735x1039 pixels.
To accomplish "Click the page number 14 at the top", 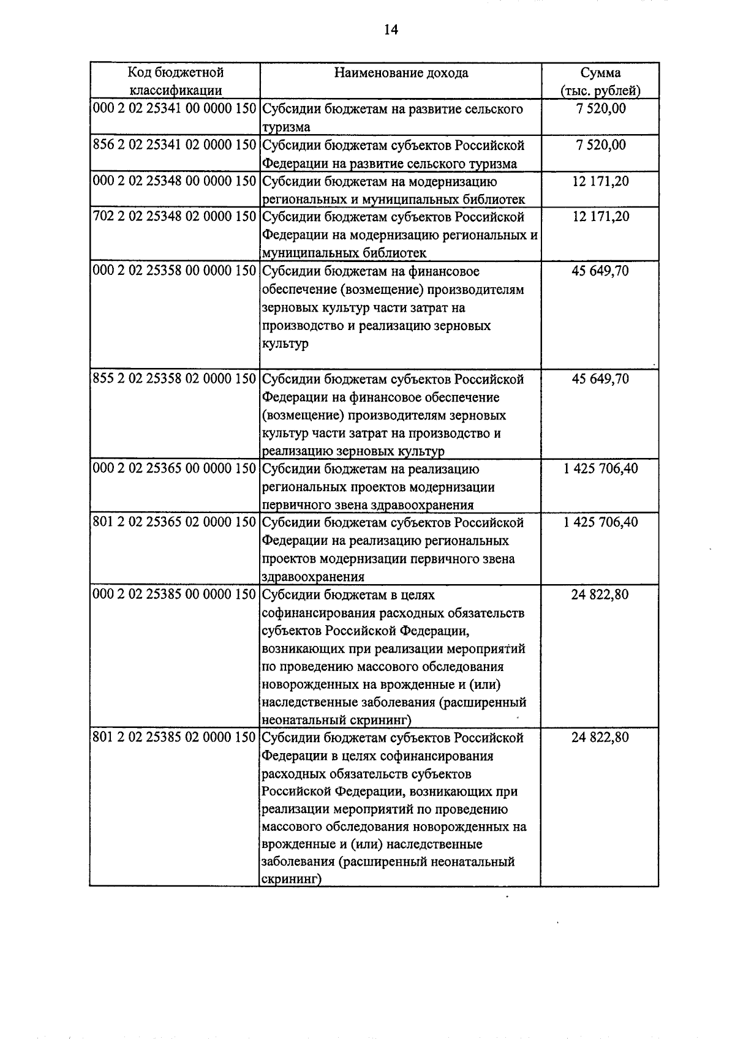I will click(391, 29).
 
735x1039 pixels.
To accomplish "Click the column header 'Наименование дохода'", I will click(401, 73).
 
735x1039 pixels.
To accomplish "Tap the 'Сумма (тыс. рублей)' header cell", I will click(600, 81).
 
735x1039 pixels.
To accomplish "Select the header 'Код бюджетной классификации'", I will click(175, 81).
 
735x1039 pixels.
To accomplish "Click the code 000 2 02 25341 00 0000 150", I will click(174, 109).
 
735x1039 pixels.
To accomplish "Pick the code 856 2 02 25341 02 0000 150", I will click(174, 145).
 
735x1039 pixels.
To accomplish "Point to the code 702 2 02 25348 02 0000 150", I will click(174, 217).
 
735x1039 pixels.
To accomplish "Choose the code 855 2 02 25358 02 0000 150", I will click(174, 379).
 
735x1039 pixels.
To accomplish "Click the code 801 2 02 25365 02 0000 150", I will click(174, 522).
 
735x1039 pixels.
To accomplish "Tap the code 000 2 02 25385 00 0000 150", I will click(174, 595).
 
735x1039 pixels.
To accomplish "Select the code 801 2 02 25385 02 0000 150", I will click(174, 738).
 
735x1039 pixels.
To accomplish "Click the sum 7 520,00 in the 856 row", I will click(600, 145).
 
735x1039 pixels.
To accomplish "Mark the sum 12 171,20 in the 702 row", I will click(600, 217).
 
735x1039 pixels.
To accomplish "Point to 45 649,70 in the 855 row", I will click(600, 379).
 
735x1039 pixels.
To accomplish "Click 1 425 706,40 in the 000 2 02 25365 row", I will click(600, 469).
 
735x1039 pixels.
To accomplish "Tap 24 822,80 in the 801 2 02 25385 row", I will click(600, 738).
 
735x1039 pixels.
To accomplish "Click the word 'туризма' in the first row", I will click(286, 127).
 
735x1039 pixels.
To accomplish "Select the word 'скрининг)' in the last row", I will click(292, 880).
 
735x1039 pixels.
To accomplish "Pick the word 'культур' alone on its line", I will click(285, 343).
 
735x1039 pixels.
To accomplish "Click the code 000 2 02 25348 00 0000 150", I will click(174, 181).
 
